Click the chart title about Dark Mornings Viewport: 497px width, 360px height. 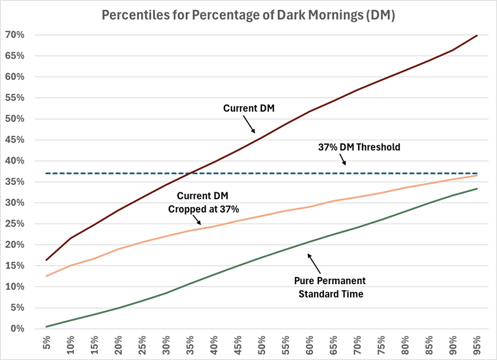[248, 15]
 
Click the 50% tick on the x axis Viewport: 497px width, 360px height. [262, 346]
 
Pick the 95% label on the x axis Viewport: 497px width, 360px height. [477, 346]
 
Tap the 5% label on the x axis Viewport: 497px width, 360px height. [47, 346]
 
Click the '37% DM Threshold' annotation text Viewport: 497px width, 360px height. [359, 147]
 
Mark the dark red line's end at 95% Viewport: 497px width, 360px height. [477, 36]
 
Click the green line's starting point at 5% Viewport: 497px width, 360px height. [47, 327]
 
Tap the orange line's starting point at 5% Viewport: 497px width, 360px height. [47, 276]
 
